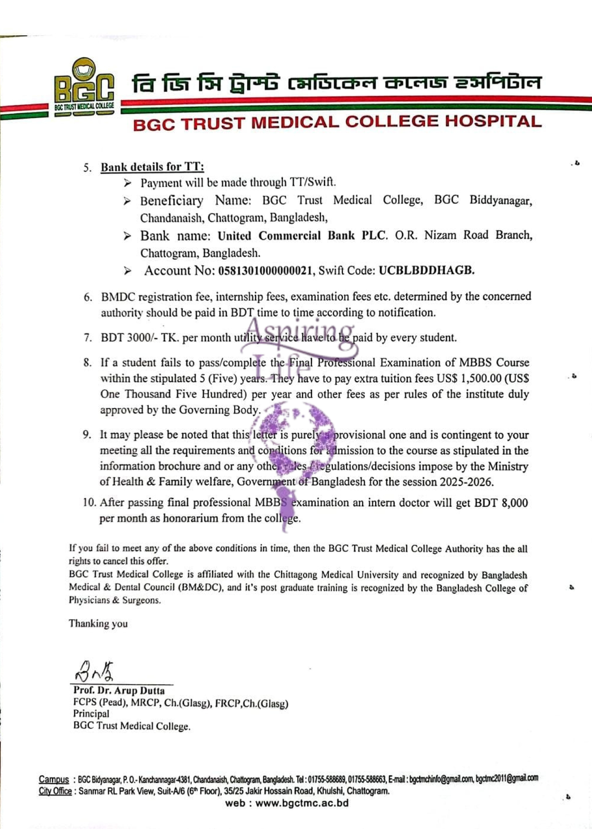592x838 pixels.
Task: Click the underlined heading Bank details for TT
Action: tap(152, 167)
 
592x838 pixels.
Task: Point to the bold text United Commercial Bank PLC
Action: tap(301, 236)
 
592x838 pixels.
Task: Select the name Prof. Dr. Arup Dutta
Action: tap(119, 690)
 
